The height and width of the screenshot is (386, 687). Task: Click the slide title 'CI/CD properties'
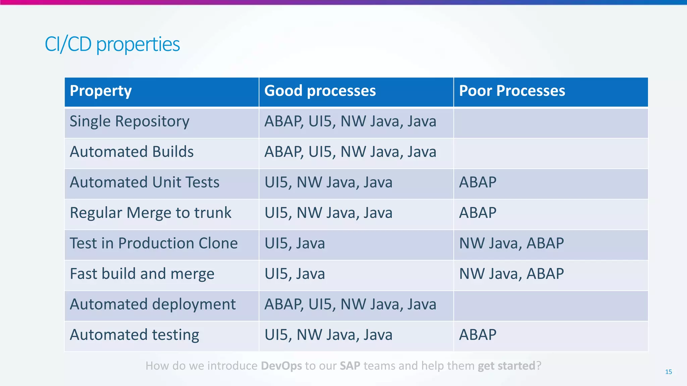click(x=112, y=44)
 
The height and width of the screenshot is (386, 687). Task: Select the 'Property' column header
click(x=101, y=91)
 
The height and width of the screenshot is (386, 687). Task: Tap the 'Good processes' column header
click(x=320, y=91)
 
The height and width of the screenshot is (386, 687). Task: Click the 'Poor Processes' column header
click(x=512, y=91)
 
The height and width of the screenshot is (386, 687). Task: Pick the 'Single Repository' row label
click(x=129, y=122)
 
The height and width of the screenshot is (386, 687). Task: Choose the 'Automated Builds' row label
click(x=131, y=152)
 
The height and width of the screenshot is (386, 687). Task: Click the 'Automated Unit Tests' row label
click(x=145, y=183)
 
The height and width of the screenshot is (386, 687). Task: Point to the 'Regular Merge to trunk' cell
click(x=151, y=213)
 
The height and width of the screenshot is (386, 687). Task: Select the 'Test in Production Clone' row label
click(x=154, y=244)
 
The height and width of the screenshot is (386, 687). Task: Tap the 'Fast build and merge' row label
click(x=142, y=274)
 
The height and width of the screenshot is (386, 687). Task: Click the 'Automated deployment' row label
click(x=153, y=305)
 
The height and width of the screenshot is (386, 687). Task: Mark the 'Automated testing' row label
click(x=135, y=335)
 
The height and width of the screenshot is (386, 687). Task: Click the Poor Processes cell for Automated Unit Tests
click(x=478, y=183)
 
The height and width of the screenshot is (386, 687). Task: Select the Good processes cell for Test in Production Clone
click(x=295, y=244)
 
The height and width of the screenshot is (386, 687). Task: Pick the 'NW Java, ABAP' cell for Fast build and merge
click(x=511, y=274)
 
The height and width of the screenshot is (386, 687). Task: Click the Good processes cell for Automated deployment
click(x=350, y=305)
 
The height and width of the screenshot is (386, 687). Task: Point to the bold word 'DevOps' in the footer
click(x=281, y=366)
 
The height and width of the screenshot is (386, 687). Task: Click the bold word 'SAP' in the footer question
click(x=350, y=366)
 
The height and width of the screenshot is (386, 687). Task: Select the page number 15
click(x=668, y=372)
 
